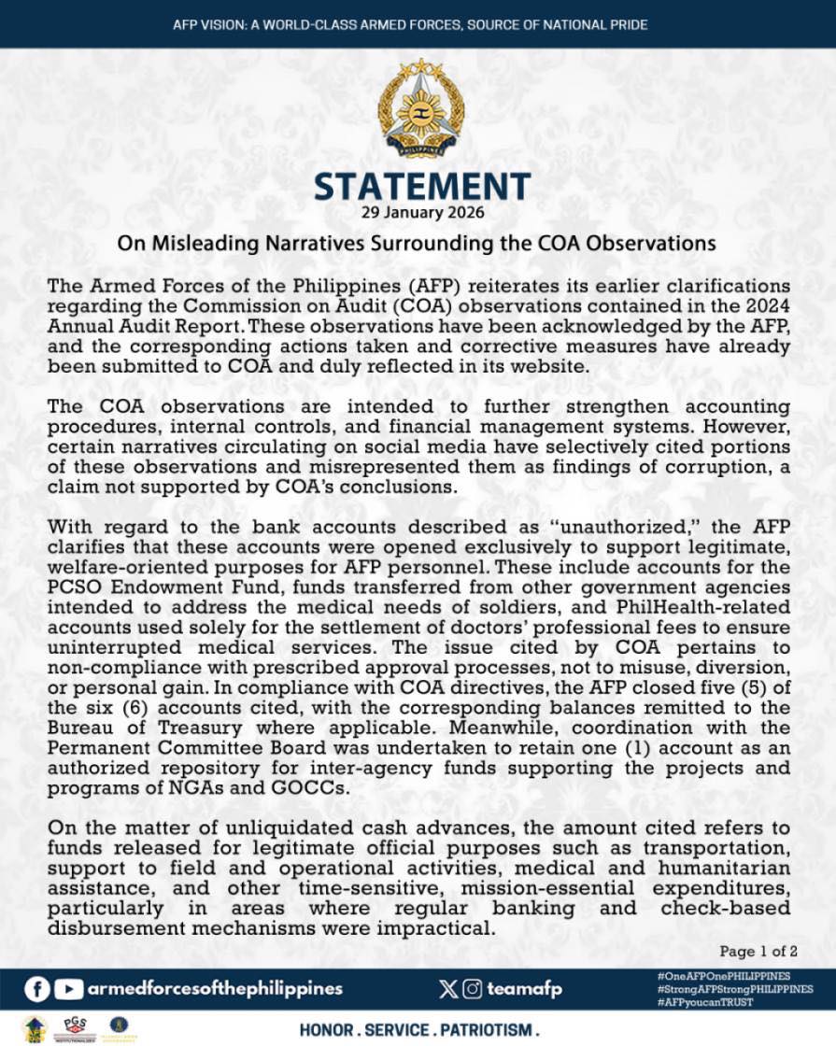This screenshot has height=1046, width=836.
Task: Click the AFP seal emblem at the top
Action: pos(420,110)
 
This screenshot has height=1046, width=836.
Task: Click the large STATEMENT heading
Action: pos(422,187)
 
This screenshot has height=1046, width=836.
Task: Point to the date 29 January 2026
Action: pos(422,212)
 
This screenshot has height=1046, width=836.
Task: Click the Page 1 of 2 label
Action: pos(758,952)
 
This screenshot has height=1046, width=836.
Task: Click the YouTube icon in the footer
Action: pos(68,988)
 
